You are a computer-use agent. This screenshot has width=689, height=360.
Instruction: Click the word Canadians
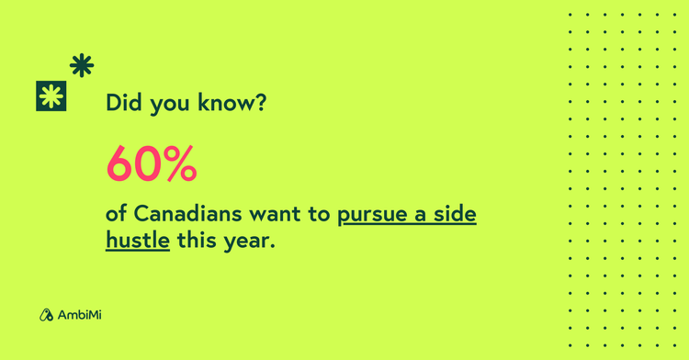pos(187,214)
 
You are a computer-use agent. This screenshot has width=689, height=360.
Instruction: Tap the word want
pos(276,215)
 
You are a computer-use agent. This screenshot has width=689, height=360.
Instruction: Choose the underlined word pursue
pos(373,216)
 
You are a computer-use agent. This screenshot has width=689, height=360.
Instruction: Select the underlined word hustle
pos(138,241)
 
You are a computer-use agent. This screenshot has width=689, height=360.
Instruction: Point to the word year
pos(246,242)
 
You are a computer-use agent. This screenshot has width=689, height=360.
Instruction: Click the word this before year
pos(196,241)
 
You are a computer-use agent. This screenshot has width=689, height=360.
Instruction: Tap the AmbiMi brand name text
pos(80,315)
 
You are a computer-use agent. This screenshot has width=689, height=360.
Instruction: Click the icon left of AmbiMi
pos(46,315)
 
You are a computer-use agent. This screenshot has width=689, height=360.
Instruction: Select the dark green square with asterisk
pos(51,96)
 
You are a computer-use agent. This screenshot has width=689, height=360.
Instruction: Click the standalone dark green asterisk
pos(82,65)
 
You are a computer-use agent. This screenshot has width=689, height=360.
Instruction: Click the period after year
pos(273,248)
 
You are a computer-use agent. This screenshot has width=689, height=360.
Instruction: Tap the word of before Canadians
pos(117,214)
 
